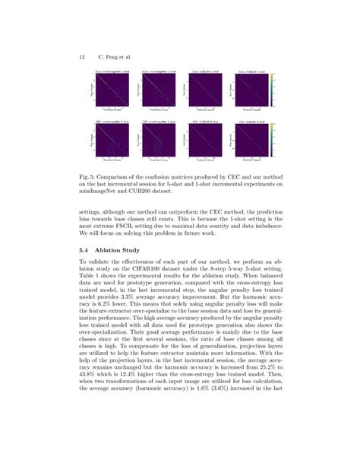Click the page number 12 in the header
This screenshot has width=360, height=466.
pos(81,56)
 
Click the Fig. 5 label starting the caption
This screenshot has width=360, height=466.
pos(87,173)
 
